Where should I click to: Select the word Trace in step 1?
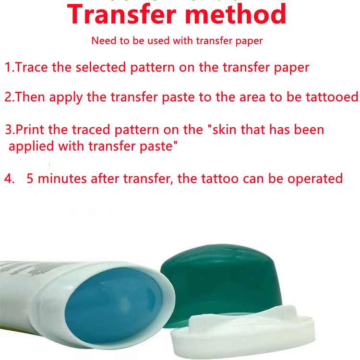click(32, 67)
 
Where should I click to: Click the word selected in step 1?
click(101, 67)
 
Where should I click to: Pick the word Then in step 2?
click(30, 96)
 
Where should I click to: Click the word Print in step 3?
click(30, 130)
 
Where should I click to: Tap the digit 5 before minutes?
click(30, 179)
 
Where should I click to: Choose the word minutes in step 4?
click(62, 179)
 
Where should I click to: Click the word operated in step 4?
click(315, 179)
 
